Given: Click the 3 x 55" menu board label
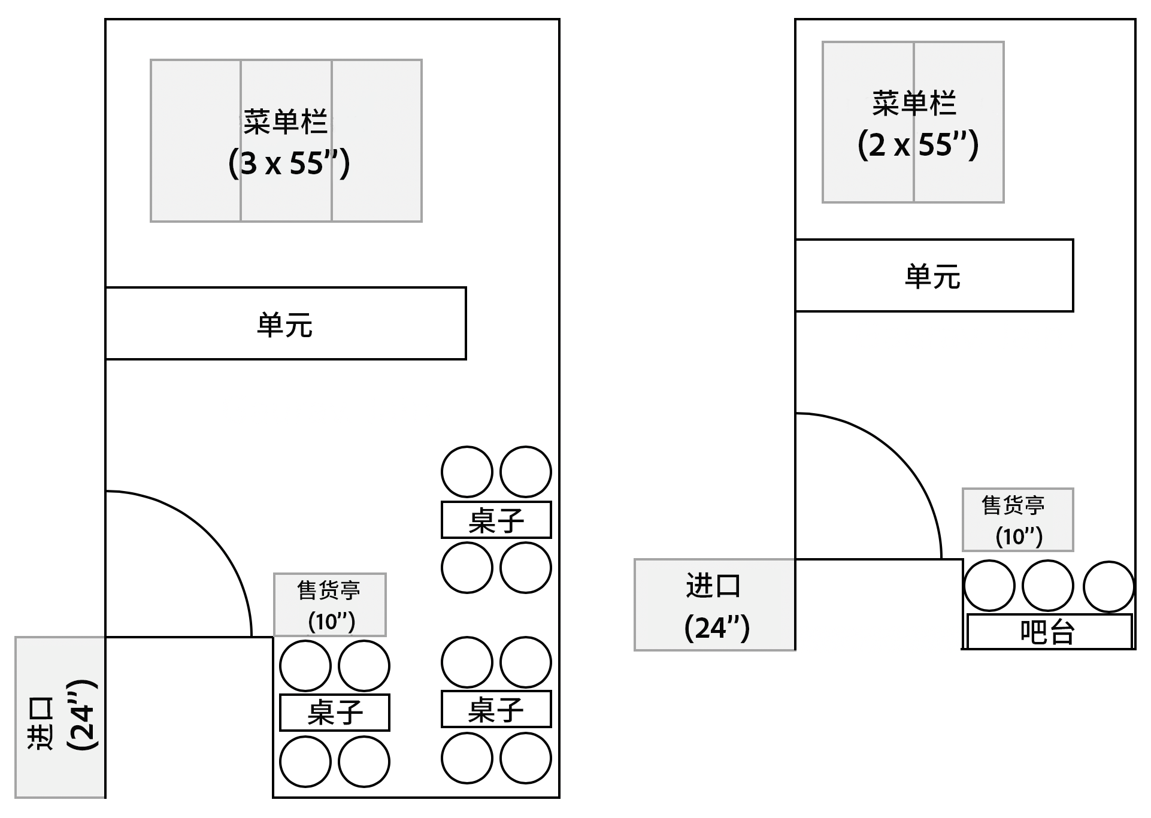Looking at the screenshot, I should tap(289, 163).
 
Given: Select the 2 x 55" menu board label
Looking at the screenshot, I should tap(917, 145).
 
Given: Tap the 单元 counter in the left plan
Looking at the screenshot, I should tap(286, 323).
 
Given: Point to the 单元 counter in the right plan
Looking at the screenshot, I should tap(934, 275).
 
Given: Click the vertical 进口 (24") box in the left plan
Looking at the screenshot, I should tap(60, 717).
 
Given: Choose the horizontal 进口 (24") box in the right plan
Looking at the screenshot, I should tap(714, 605).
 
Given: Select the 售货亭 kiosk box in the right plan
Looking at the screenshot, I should tap(1017, 520).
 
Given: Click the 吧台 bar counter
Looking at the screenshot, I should tap(1049, 631).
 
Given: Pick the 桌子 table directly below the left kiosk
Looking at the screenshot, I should tap(334, 713).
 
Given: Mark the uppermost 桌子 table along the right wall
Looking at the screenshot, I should tap(496, 520).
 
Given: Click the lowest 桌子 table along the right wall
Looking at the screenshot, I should tap(496, 710).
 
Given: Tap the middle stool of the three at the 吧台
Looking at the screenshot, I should tap(1047, 586).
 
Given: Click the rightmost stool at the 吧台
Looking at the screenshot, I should tap(1108, 587).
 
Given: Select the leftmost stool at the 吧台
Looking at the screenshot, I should tap(989, 586).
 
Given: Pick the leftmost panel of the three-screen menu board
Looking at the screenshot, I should tap(196, 192).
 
